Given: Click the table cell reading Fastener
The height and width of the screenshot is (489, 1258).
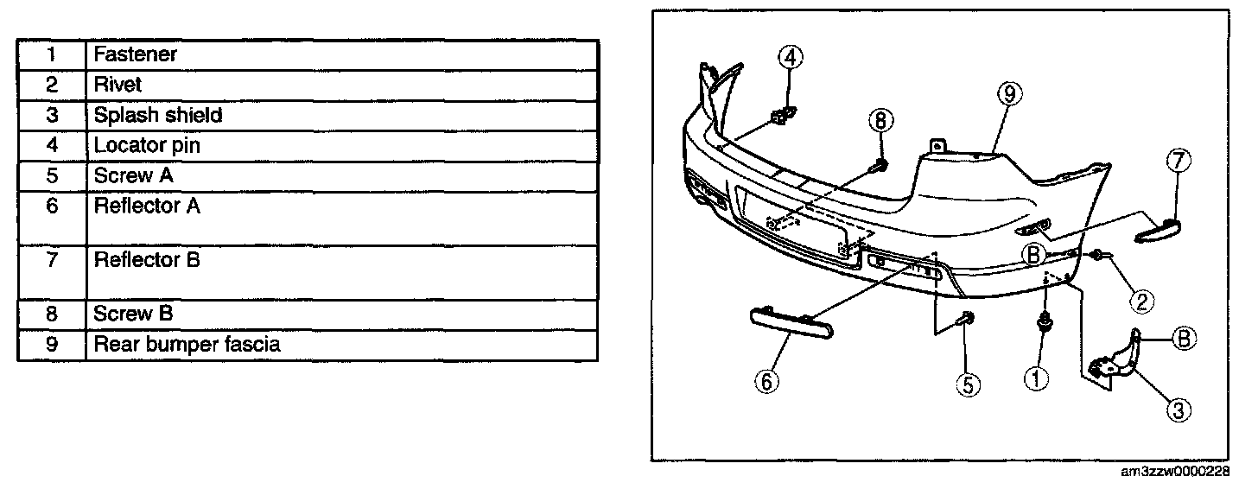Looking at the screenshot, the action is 136,54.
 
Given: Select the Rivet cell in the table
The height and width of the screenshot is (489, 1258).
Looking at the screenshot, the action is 118,85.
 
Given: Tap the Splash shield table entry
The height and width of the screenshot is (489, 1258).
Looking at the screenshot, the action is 158,115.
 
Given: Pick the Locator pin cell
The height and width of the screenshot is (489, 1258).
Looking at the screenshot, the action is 147,145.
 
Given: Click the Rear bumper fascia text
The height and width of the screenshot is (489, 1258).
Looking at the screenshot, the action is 187,345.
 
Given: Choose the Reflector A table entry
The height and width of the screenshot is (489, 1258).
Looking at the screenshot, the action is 148,206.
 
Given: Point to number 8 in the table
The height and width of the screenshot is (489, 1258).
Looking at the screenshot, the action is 52,314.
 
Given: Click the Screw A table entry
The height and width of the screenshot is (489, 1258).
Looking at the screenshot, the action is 135,175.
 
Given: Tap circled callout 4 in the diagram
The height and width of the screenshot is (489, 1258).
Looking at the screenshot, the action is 791,58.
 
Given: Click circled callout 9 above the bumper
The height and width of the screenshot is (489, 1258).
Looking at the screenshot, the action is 1008,94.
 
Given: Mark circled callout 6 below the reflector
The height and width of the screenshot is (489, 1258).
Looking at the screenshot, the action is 766,380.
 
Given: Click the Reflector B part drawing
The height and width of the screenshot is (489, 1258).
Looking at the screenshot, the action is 1157,231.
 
